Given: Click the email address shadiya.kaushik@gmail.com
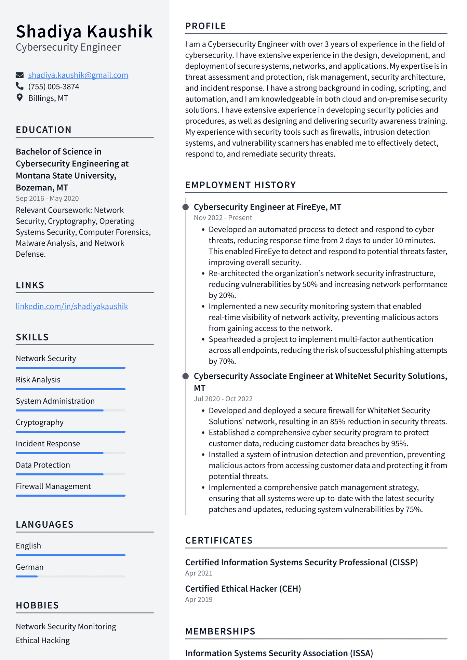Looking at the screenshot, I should (78, 75).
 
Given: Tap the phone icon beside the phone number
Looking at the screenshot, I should (20, 86).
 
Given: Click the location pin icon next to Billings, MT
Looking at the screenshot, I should (20, 98).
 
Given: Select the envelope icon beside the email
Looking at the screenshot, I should (20, 75).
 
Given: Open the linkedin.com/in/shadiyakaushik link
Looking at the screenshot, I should (72, 306).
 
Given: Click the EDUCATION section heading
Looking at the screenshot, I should (44, 130).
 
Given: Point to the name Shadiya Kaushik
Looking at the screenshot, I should (84, 31).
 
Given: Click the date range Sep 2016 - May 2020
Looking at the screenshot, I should (47, 198).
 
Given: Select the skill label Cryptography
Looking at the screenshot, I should (40, 422).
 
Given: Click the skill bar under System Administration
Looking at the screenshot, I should (70, 410).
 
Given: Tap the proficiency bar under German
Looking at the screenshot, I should (70, 576).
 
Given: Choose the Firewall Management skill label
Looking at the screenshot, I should (53, 486).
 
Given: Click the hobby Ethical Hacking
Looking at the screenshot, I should (43, 641).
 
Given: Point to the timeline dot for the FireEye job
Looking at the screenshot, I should (186, 207).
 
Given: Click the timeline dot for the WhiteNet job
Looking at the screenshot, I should (186, 376).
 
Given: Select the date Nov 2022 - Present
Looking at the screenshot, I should (223, 218).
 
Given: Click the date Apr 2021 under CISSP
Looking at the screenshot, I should (199, 573).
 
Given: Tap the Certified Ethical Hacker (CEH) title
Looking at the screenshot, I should (243, 589).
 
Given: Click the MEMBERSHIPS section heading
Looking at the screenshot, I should (220, 631).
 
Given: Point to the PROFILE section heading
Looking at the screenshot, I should (205, 26).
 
